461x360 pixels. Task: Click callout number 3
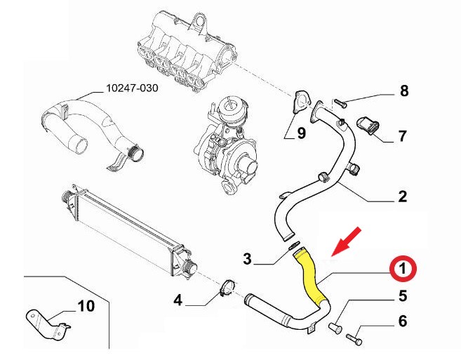[247, 260]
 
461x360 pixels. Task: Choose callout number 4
[178, 300]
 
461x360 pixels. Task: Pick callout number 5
[403, 295]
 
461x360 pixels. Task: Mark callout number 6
[403, 321]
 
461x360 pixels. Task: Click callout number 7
[403, 135]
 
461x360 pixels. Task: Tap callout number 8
[403, 91]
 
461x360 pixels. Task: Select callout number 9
[301, 133]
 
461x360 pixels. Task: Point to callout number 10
[85, 306]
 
